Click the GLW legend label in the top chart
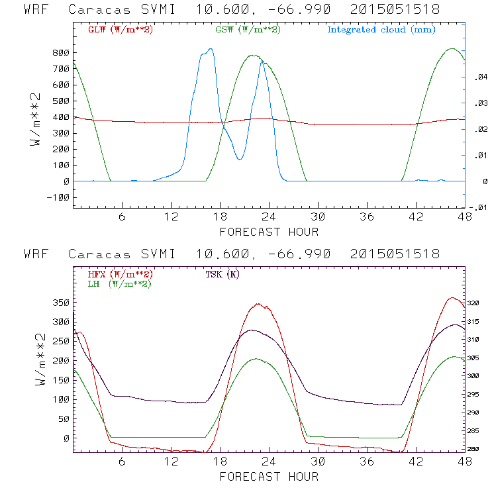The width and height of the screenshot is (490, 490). [x=116, y=30]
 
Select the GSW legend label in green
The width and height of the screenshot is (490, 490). [x=246, y=30]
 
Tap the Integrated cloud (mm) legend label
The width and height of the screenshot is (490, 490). [x=381, y=30]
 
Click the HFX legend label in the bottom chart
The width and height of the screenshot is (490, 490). [x=116, y=274]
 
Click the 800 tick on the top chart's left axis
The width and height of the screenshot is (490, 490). [x=61, y=52]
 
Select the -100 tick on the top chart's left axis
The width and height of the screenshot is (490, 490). [x=58, y=197]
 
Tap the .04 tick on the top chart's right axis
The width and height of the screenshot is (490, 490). [x=479, y=78]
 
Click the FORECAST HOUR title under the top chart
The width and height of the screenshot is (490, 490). [x=269, y=232]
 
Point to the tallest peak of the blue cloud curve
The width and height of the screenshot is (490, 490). [x=211, y=48]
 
